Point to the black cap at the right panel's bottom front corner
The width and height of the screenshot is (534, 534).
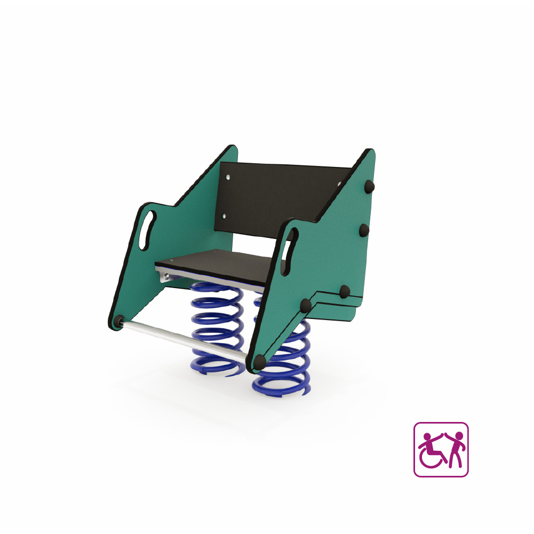pos(259,362)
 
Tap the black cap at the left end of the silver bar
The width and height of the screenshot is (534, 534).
pos(118,321)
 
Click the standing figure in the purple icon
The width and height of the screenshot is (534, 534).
pos(456,451)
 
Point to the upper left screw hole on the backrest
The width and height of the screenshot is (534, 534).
pos(229,176)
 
